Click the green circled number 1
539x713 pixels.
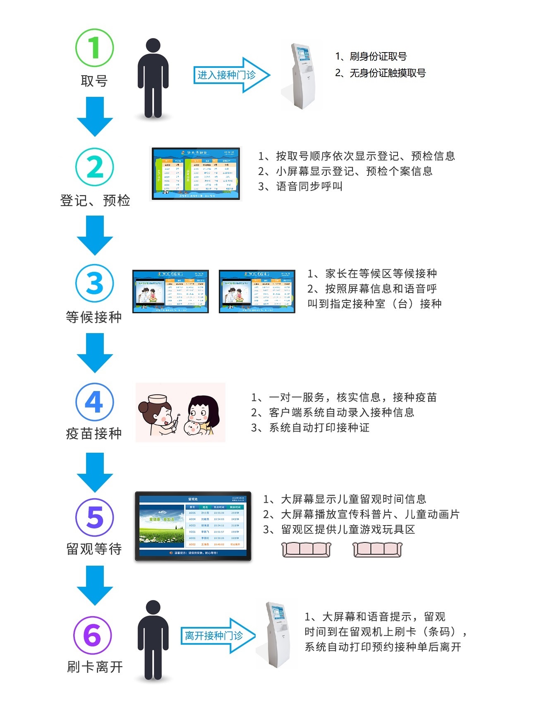point(94,48)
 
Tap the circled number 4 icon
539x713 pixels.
point(94,401)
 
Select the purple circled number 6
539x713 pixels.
point(93,635)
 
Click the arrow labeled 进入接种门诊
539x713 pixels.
point(231,75)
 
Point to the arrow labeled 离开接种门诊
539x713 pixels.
point(218,636)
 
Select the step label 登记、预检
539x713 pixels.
point(95,201)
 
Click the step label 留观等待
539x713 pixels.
point(94,549)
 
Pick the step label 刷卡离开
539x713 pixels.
point(95,667)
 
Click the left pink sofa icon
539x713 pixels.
point(306,550)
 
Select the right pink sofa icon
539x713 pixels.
point(377,550)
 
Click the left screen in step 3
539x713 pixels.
point(170,291)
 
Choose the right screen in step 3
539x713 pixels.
point(257,291)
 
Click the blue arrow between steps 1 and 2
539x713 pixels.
point(95,117)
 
